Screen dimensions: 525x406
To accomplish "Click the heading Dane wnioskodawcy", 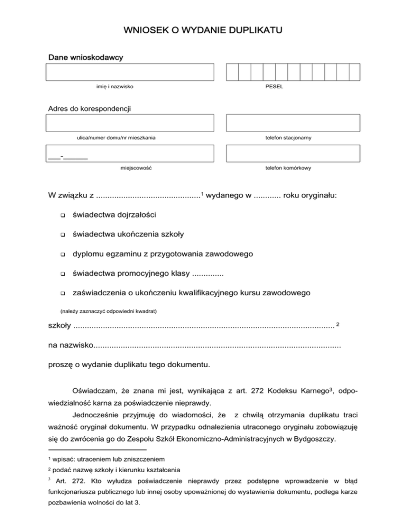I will pyautogui.click(x=85, y=56).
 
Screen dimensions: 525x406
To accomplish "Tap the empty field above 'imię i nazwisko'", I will pyautogui.click(x=131, y=71).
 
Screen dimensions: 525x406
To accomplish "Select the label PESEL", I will pyautogui.click(x=274, y=87).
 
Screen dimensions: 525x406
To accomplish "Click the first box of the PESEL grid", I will pyautogui.click(x=232, y=71).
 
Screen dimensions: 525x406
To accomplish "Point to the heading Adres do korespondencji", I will pyautogui.click(x=89, y=109).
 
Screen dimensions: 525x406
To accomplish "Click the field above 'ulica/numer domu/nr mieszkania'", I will pyautogui.click(x=131, y=123).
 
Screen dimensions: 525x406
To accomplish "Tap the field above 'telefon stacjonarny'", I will pyautogui.click(x=293, y=123).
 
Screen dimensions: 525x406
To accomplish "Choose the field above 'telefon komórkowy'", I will pyautogui.click(x=293, y=153).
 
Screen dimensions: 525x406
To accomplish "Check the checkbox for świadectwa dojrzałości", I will pyautogui.click(x=62, y=215).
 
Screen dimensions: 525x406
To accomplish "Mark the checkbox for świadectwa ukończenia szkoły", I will pyautogui.click(x=62, y=235).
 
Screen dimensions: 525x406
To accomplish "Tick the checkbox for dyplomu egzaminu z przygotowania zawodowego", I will pyautogui.click(x=62, y=254).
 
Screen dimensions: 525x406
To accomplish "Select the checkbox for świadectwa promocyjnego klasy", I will pyautogui.click(x=62, y=274).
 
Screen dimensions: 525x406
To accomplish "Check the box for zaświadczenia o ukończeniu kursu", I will pyautogui.click(x=62, y=293).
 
